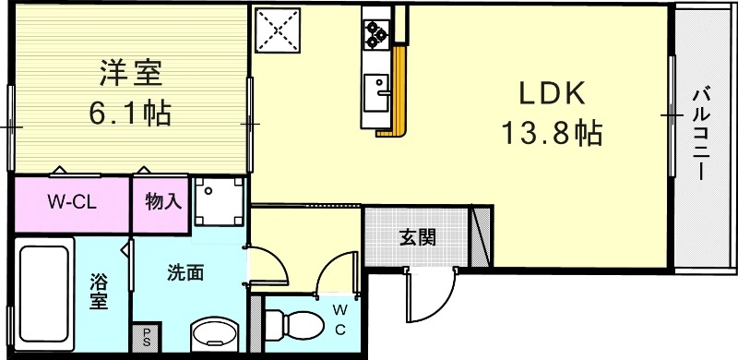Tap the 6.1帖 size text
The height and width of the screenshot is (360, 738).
[129, 114]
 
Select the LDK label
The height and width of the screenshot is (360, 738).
[551, 94]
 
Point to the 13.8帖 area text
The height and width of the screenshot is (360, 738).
[552, 136]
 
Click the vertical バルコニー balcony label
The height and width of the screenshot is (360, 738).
[702, 135]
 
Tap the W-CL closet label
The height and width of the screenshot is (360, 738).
[72, 201]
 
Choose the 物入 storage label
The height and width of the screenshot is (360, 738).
[162, 201]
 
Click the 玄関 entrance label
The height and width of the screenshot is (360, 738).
[418, 237]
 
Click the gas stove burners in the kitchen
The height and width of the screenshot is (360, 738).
[376, 34]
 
